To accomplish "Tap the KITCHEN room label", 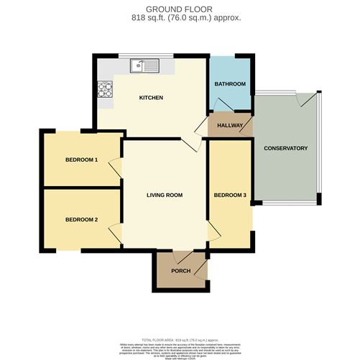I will (x=151, y=97).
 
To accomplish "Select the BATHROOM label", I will (x=230, y=84).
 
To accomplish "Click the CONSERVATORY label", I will (x=285, y=148).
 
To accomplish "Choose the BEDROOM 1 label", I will (x=81, y=160).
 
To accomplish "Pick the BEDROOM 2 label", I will (x=81, y=219).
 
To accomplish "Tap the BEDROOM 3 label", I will (x=230, y=195).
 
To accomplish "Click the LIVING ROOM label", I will (x=165, y=195).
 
